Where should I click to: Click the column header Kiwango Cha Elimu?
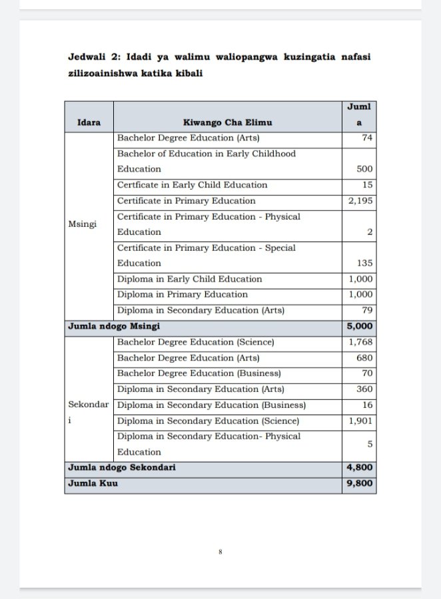pyautogui.click(x=227, y=122)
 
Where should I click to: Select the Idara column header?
pyautogui.click(x=89, y=122)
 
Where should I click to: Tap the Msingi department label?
pyautogui.click(x=83, y=224)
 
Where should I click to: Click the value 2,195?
pyautogui.click(x=360, y=201)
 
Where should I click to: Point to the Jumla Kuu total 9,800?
pyautogui.click(x=360, y=483)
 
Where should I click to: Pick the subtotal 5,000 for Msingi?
pyautogui.click(x=360, y=327)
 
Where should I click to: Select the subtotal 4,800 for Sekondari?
pyautogui.click(x=360, y=468)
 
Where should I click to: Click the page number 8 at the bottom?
pyautogui.click(x=220, y=552)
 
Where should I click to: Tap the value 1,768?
pyautogui.click(x=360, y=343)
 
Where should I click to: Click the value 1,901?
pyautogui.click(x=360, y=421)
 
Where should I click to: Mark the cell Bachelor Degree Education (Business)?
pyautogui.click(x=199, y=373)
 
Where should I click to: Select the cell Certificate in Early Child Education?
pyautogui.click(x=192, y=185)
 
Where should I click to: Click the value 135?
pyautogui.click(x=364, y=263)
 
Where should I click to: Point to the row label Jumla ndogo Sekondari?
pyautogui.click(x=121, y=468)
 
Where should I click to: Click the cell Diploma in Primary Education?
pyautogui.click(x=182, y=295)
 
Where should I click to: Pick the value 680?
pyautogui.click(x=364, y=358)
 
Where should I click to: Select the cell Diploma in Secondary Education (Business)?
pyautogui.click(x=211, y=405)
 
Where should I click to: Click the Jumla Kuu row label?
pyautogui.click(x=93, y=483)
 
